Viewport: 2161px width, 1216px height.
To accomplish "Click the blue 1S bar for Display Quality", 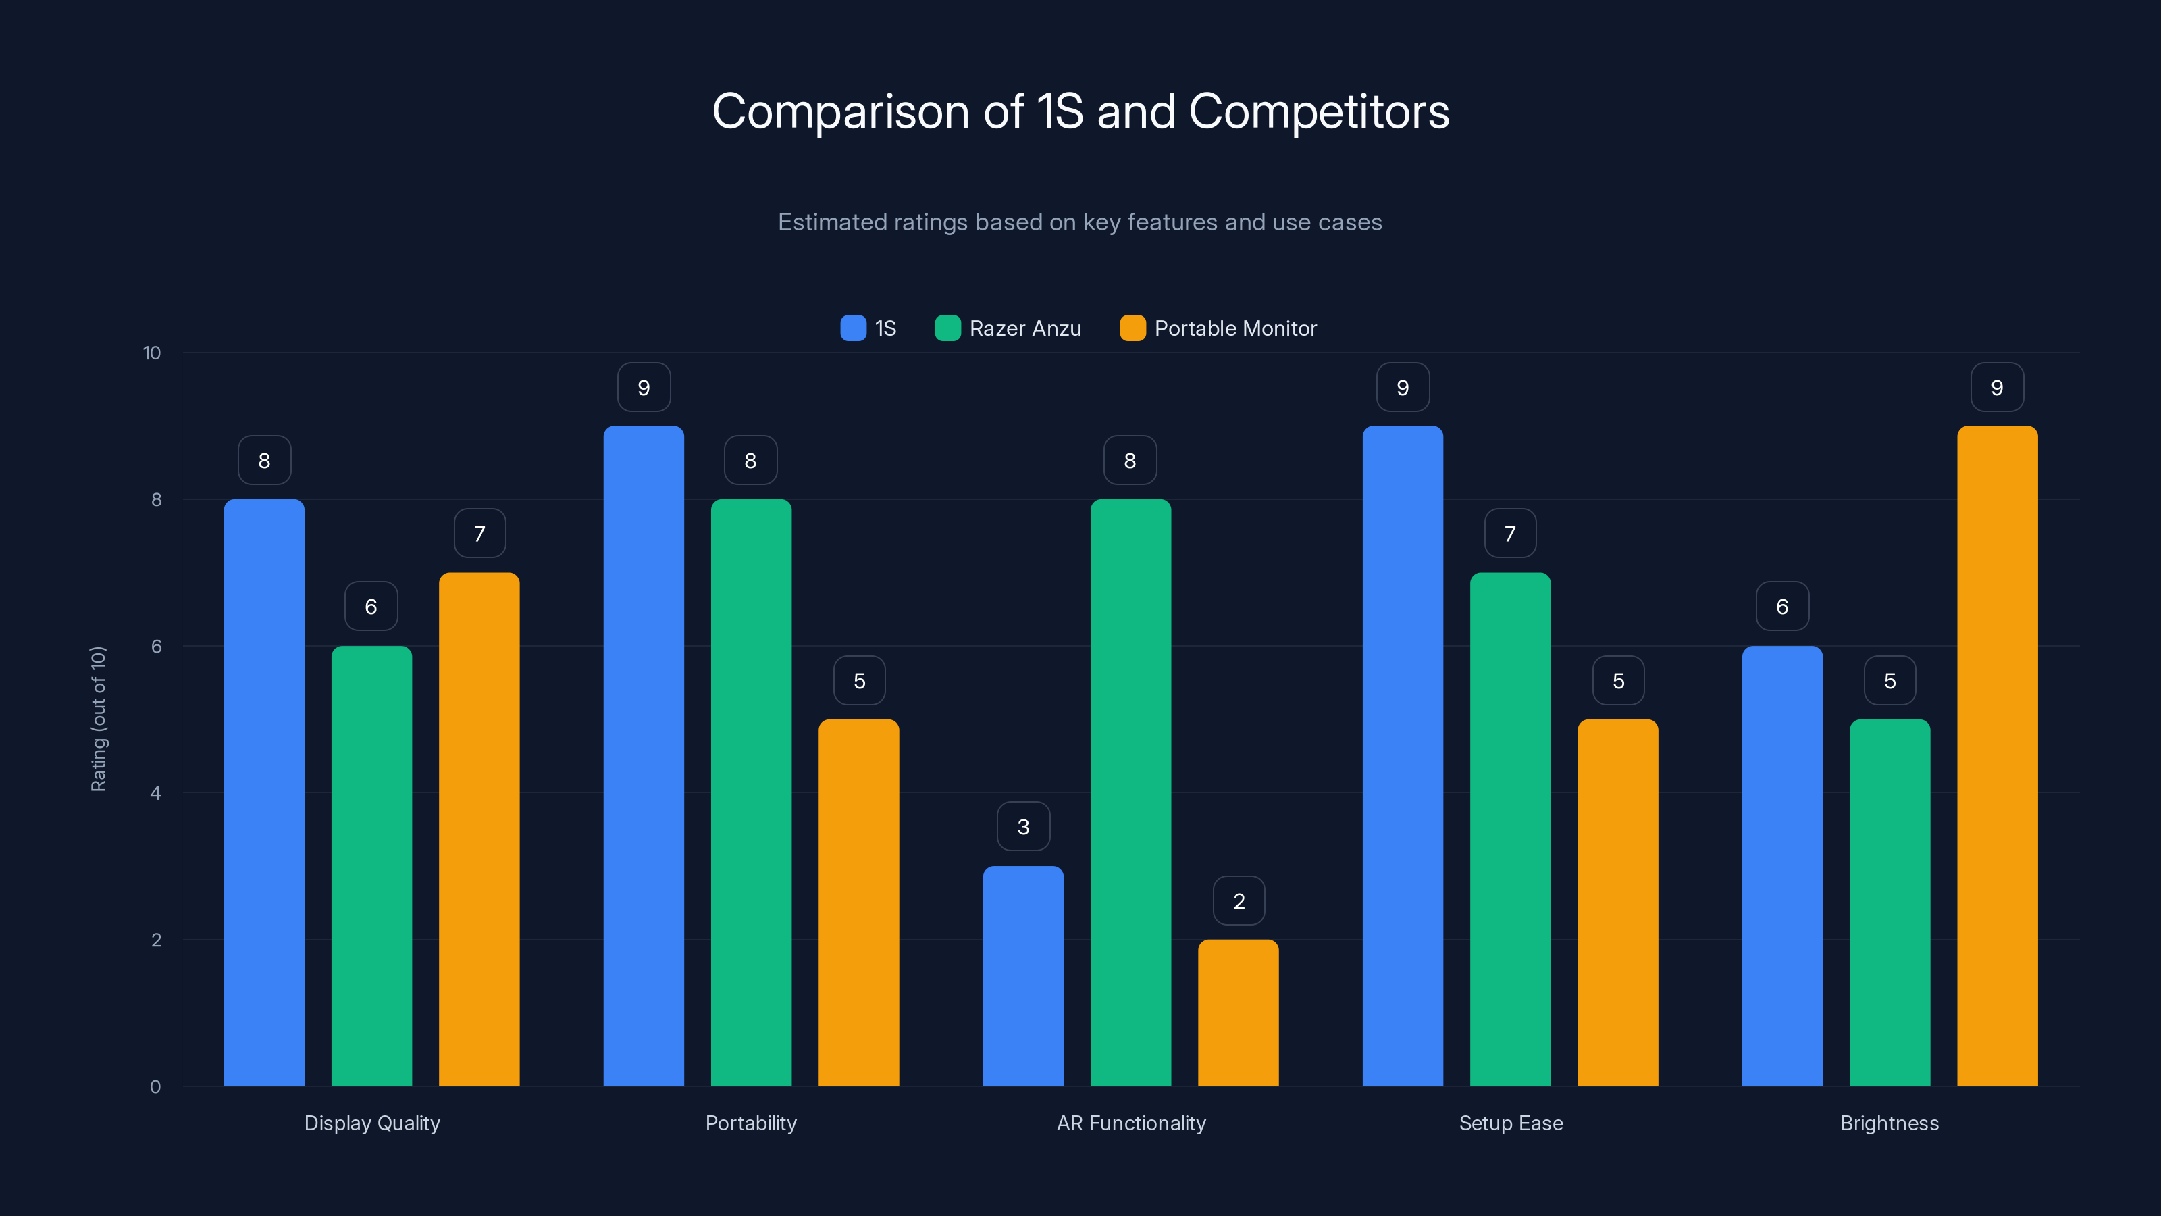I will coord(264,792).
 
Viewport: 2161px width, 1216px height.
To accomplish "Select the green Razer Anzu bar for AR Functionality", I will coord(1130,792).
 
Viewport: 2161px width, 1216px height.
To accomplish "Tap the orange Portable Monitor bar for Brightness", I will coord(1997,755).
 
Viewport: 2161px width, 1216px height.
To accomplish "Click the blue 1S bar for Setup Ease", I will coord(1403,755).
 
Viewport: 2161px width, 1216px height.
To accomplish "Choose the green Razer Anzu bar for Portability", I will coord(751,792).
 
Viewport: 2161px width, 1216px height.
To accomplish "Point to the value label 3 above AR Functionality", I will coord(1022,827).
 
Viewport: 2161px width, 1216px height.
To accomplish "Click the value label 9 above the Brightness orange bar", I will coord(1997,388).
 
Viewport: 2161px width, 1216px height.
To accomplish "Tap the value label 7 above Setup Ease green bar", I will coord(1510,534).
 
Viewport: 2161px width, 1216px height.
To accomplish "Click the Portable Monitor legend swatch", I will coord(1132,328).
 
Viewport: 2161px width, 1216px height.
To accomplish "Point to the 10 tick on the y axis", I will coord(152,353).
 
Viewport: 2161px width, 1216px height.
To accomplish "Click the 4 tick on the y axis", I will coord(155,793).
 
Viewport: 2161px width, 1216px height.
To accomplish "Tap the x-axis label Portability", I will coord(751,1123).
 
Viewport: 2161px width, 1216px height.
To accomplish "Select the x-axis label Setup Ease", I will coord(1510,1123).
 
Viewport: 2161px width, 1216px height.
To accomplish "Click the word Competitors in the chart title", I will coord(1319,111).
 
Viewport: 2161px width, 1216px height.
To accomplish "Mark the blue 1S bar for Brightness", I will coord(1782,865).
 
